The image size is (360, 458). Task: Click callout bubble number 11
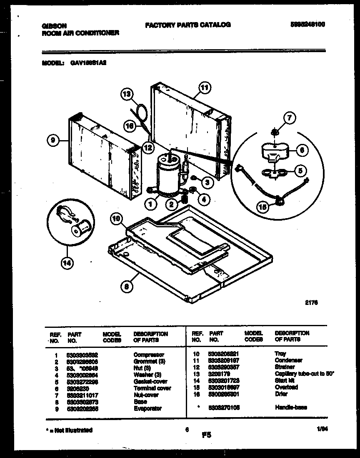point(204,88)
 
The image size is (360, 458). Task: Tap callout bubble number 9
point(52,141)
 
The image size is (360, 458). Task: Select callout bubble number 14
point(66,262)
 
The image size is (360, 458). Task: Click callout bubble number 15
point(262,206)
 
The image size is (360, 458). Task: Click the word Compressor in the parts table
point(149,354)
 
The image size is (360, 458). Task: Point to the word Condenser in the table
point(288,360)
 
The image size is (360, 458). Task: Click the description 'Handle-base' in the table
point(291,408)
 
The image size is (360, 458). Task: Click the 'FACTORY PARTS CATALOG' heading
point(187,25)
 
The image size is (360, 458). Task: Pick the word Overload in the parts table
point(286,388)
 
